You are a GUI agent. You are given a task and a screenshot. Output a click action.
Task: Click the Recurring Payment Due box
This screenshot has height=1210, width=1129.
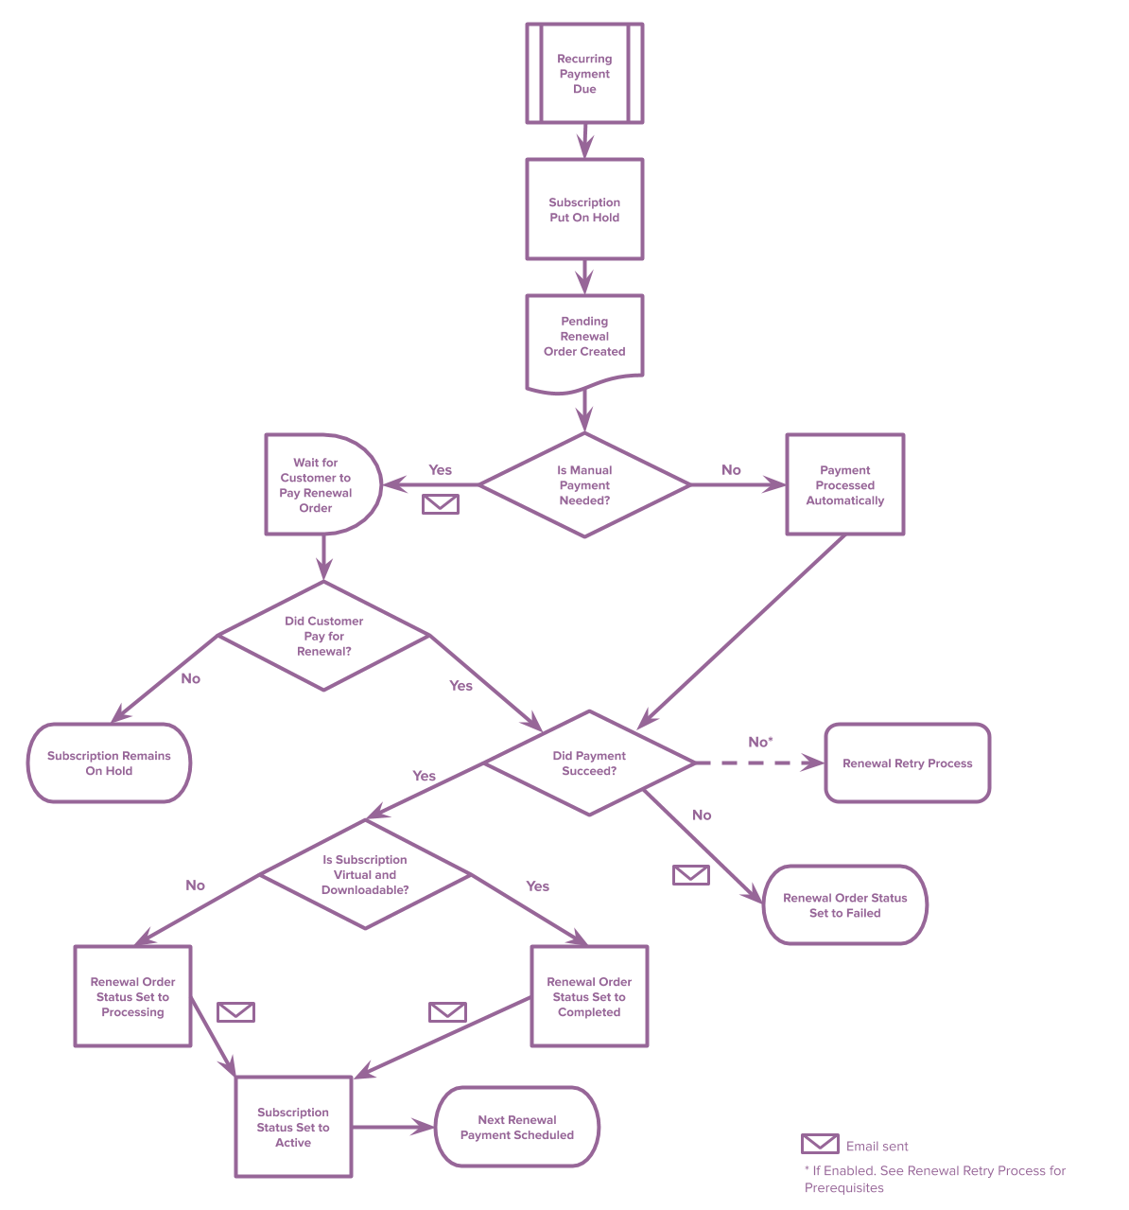point(584,74)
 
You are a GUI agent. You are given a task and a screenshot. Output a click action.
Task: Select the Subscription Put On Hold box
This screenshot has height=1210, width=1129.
point(584,209)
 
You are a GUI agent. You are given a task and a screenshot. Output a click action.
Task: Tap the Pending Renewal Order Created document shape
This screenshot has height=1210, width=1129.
point(584,338)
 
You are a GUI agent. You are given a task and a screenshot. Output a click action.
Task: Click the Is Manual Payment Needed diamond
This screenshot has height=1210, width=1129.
point(584,485)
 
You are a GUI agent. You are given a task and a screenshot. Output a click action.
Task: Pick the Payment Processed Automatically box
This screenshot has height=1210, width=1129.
point(844,485)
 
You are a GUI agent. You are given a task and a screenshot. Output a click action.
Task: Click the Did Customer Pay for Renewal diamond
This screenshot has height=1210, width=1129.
point(323,636)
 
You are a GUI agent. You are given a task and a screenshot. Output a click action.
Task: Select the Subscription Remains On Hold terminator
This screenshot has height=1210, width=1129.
point(109,763)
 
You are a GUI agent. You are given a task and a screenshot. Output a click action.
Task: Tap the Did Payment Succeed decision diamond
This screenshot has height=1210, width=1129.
point(589,763)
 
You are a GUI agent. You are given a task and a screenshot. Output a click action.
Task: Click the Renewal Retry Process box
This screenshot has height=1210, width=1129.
point(907,763)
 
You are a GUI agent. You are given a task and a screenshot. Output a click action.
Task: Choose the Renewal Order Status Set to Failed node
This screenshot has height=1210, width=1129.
point(844,905)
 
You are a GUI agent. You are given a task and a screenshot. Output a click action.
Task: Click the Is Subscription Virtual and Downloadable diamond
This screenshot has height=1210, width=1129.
point(365,875)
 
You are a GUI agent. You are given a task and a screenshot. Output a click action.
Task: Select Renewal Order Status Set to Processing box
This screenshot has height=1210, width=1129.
point(132,997)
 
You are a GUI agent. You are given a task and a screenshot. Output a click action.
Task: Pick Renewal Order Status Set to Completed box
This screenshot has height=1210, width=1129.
point(589,997)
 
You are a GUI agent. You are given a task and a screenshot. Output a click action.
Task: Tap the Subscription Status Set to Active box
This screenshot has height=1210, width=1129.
point(293,1128)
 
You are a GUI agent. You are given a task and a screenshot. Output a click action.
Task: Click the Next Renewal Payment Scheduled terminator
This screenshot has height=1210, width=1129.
point(516,1128)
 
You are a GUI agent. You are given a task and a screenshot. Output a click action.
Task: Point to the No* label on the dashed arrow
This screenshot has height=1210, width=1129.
point(760,742)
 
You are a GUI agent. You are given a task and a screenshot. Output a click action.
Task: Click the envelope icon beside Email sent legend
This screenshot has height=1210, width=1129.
point(820,1144)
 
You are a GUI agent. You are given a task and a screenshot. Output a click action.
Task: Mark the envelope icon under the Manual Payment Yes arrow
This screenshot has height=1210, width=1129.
point(441,504)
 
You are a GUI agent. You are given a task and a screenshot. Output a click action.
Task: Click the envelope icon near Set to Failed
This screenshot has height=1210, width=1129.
point(691,875)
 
